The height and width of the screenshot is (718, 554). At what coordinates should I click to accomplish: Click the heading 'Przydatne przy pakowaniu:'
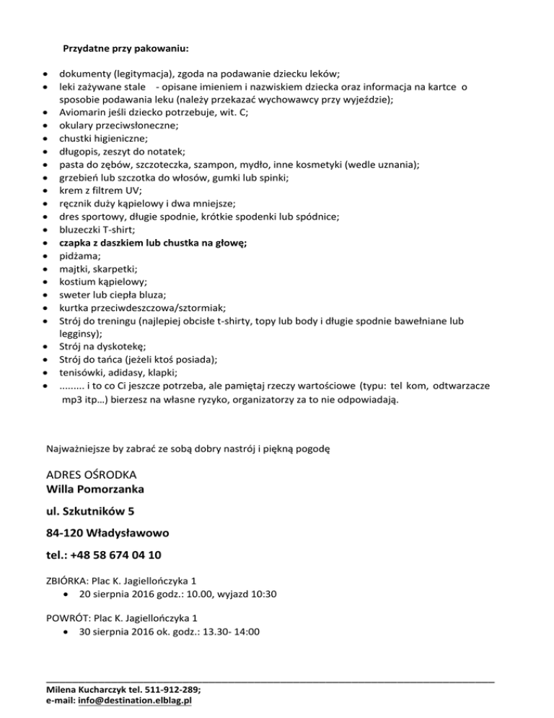(126, 49)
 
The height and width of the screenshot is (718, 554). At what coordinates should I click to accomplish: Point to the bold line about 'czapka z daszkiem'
(153, 243)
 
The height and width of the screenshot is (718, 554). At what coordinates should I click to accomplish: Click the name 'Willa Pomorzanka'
(94, 490)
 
